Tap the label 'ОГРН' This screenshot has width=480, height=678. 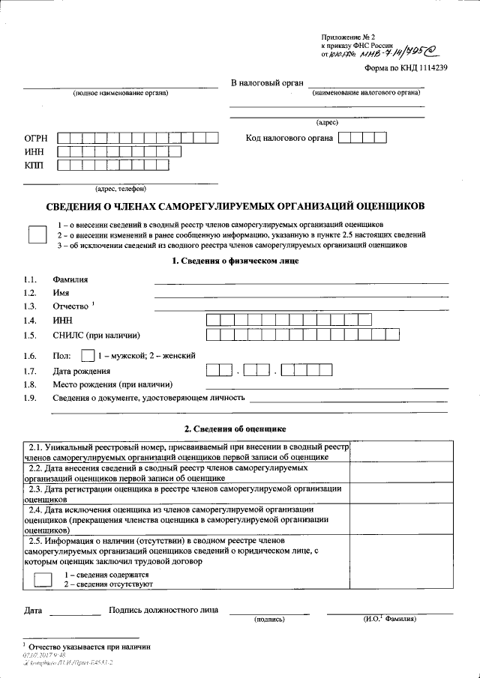pyautogui.click(x=36, y=138)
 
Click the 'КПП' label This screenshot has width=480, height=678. pyautogui.click(x=34, y=166)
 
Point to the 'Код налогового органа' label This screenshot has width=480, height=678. pyautogui.click(x=289, y=138)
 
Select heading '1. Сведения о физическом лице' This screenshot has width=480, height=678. pyautogui.click(x=235, y=261)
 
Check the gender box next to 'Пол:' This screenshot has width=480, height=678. pyautogui.click(x=88, y=355)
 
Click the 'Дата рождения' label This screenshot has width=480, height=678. pyautogui.click(x=82, y=371)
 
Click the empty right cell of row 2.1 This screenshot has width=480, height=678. pyautogui.click(x=401, y=451)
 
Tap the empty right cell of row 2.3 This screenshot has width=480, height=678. pyautogui.click(x=401, y=492)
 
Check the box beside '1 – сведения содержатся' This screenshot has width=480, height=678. pyautogui.click(x=43, y=578)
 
